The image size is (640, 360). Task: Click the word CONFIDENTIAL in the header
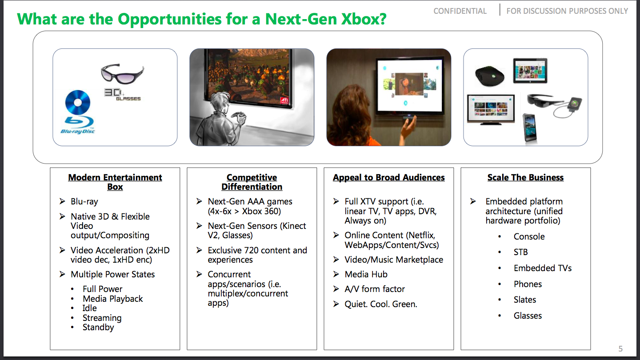[x=460, y=11]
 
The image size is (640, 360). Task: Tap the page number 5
[x=620, y=348]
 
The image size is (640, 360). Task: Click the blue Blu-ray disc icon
[x=77, y=102]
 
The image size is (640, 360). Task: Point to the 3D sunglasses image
[x=122, y=73]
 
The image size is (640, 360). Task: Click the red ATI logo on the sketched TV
[x=284, y=100]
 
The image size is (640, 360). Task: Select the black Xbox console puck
[x=490, y=76]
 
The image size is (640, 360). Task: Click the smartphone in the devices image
[x=529, y=127]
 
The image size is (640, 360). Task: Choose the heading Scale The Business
[x=525, y=177]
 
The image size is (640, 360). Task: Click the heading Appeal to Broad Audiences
[x=388, y=177]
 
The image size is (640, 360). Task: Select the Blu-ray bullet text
[x=84, y=201]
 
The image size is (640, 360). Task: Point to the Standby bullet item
[x=98, y=327]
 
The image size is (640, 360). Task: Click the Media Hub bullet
[x=366, y=274]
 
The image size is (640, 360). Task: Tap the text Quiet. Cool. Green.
[x=381, y=304]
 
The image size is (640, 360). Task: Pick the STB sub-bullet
[x=520, y=252]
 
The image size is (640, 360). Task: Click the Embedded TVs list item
[x=543, y=268]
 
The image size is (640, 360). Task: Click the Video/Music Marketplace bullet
[x=394, y=260]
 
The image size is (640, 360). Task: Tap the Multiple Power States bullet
[x=112, y=274]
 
